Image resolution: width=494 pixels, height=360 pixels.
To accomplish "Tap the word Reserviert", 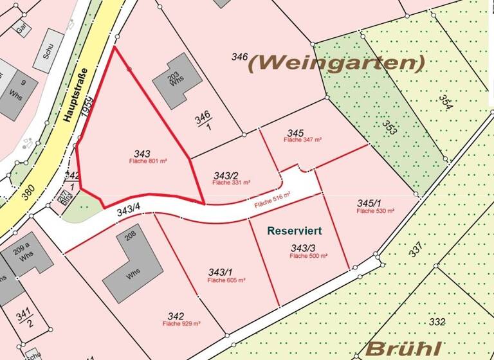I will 295,230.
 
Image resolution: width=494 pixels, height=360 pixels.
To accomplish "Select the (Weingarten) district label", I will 336,63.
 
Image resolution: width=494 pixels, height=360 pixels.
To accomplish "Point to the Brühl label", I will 403,349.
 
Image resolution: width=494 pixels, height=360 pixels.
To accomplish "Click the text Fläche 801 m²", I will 143,161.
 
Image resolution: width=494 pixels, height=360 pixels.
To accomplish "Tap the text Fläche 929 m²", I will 182,324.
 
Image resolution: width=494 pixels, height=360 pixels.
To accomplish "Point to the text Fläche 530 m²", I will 374,211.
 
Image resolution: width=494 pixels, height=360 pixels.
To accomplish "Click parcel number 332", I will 437,321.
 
